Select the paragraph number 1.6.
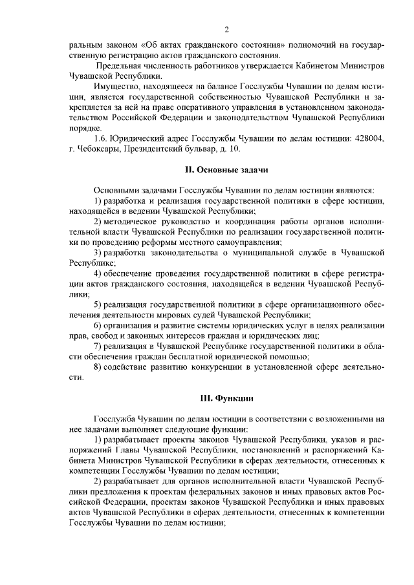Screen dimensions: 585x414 [x=101, y=138]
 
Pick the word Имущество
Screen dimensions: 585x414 [x=114, y=87]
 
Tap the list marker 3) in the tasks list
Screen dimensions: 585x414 [x=97, y=252]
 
